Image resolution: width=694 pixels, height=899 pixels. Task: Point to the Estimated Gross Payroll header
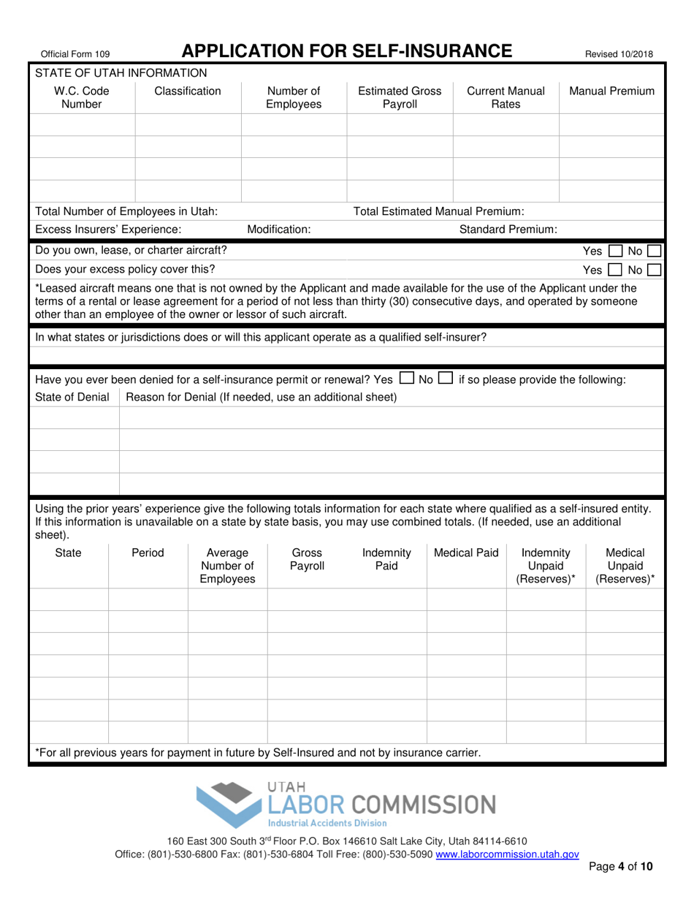399,98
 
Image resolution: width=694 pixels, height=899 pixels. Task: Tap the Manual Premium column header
611,91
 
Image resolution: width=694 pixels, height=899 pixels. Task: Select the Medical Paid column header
466,553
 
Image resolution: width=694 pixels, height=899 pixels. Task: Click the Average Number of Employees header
227,566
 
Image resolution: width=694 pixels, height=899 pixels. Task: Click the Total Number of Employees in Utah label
126,211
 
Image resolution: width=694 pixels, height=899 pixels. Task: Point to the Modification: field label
278,230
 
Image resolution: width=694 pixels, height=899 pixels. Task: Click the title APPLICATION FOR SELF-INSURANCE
346,51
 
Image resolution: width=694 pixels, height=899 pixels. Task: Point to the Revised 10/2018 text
619,53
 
